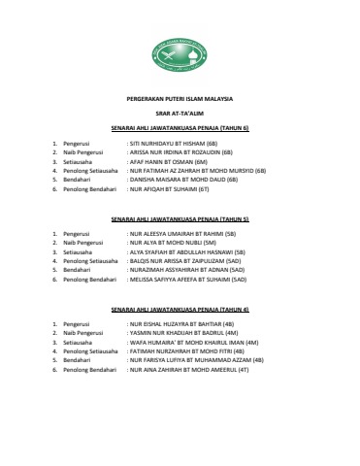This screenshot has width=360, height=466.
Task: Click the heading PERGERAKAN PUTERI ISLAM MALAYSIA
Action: tap(180, 100)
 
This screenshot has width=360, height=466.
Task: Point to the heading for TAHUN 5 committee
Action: tap(180, 220)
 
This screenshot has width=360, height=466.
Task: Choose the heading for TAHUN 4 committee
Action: tap(180, 309)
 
